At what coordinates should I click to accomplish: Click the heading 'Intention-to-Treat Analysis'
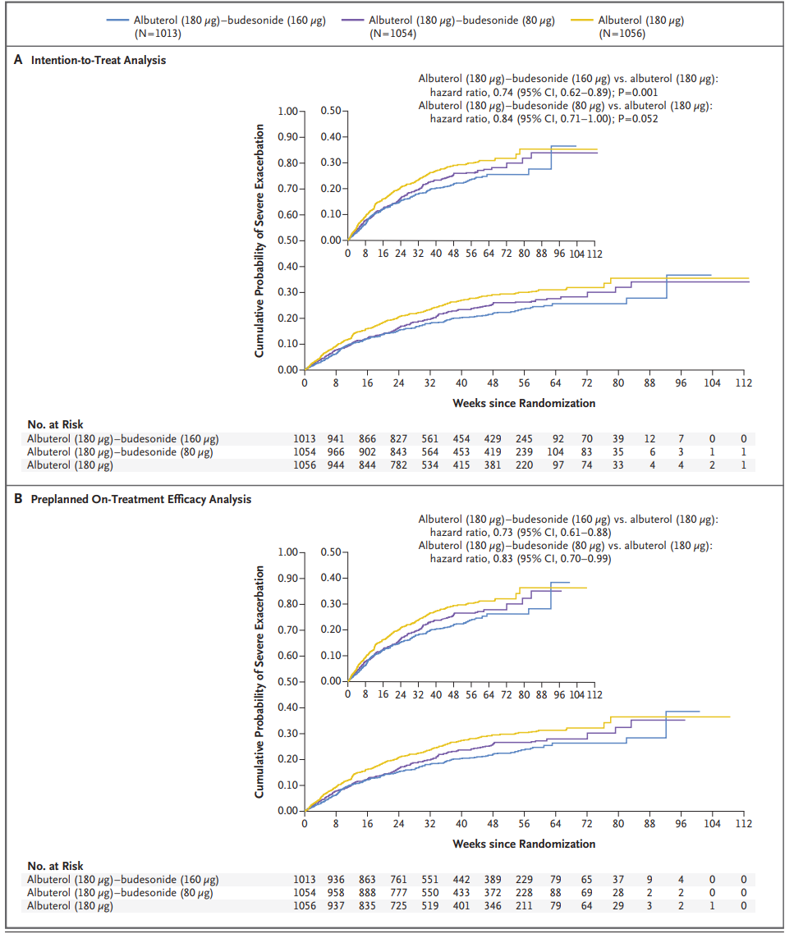98,60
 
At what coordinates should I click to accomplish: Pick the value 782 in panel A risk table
398,465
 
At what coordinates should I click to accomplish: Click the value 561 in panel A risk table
430,438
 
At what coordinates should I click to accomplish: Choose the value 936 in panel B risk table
336,879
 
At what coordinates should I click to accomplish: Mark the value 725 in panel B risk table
398,905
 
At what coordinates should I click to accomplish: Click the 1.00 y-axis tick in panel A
289,111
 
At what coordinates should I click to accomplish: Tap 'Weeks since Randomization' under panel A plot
524,403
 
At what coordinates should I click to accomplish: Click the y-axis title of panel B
259,681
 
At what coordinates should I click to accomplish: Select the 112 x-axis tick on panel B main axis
742,824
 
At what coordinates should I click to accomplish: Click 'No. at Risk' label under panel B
55,865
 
